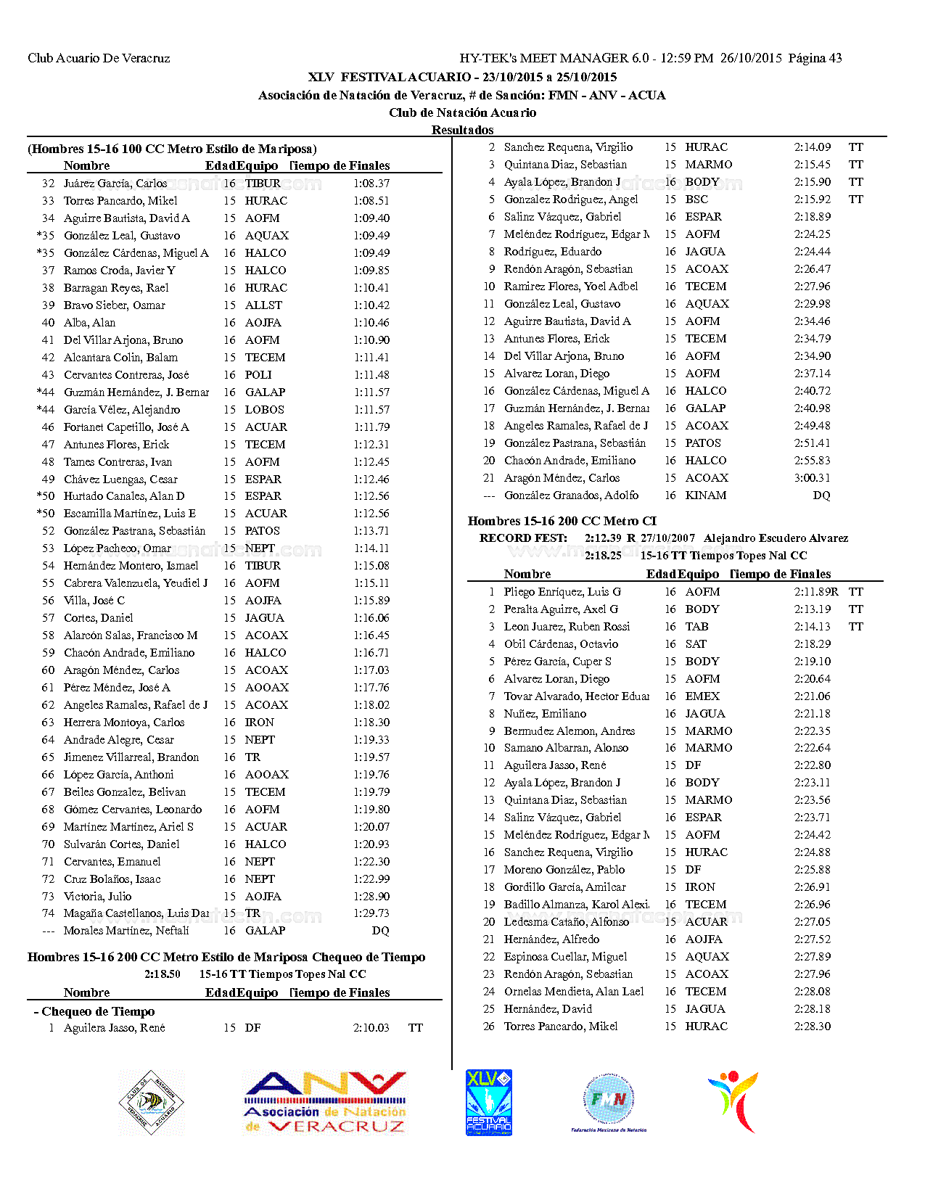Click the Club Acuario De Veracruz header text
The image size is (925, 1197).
pyautogui.click(x=99, y=58)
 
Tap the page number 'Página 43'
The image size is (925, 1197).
pyautogui.click(x=815, y=58)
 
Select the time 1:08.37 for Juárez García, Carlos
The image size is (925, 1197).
pyautogui.click(x=371, y=184)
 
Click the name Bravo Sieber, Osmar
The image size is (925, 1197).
pyautogui.click(x=115, y=305)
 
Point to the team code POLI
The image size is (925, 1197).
pyautogui.click(x=258, y=375)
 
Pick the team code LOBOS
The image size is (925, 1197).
pyautogui.click(x=264, y=410)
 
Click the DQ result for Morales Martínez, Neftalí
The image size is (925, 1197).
pyautogui.click(x=380, y=931)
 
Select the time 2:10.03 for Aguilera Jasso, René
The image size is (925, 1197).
pyautogui.click(x=371, y=1028)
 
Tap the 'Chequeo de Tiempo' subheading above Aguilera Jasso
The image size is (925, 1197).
pyautogui.click(x=98, y=1011)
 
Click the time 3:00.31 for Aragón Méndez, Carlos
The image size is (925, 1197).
pyautogui.click(x=813, y=478)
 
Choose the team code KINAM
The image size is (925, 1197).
pyautogui.click(x=705, y=495)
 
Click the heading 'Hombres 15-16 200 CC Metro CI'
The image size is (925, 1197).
pyautogui.click(x=562, y=521)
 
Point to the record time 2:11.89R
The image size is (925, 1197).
pyautogui.click(x=815, y=592)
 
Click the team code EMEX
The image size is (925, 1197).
pyautogui.click(x=702, y=696)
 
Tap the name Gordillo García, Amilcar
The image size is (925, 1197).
pyautogui.click(x=564, y=887)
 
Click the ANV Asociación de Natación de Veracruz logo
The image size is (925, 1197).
pyautogui.click(x=325, y=1103)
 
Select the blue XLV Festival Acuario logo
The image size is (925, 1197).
pyautogui.click(x=488, y=1103)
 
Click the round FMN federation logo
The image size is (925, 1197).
pyautogui.click(x=609, y=1101)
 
